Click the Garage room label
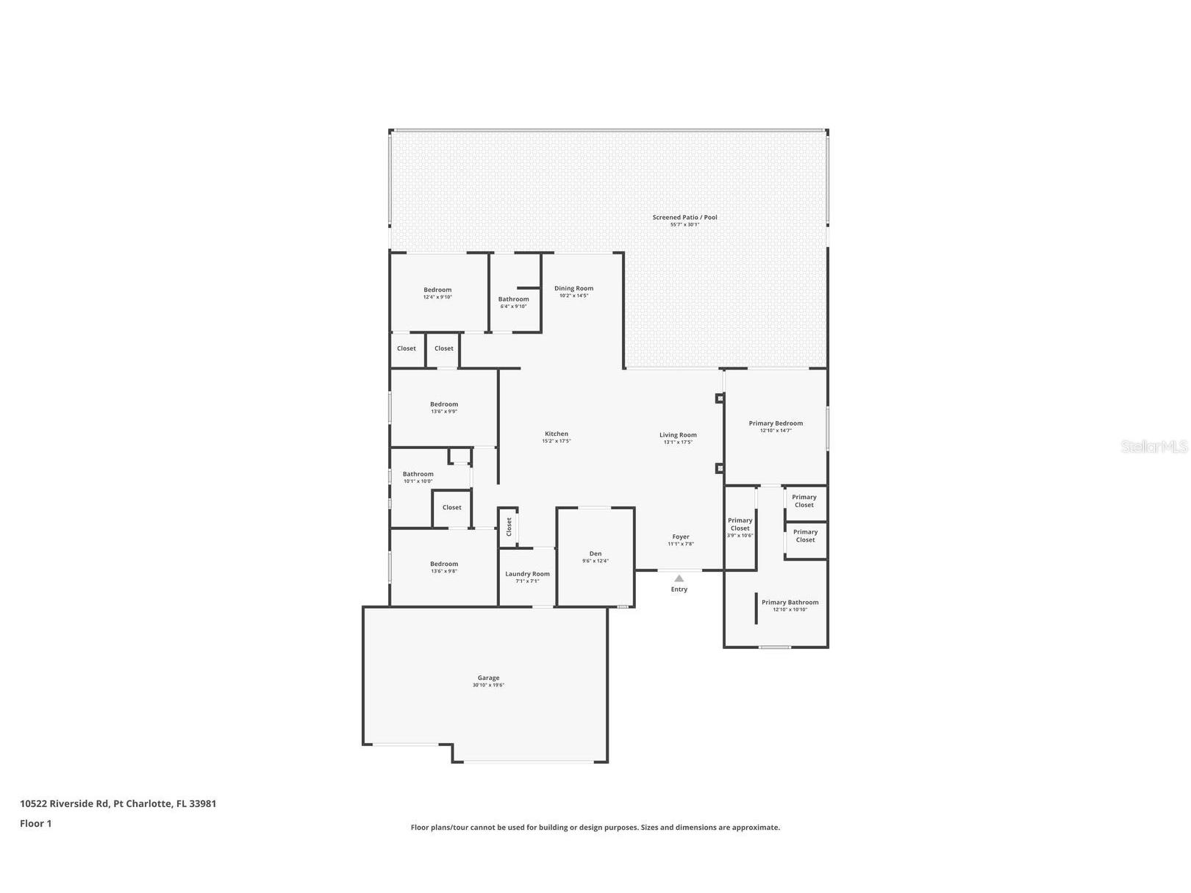[x=488, y=678]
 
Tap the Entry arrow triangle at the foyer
[x=679, y=578]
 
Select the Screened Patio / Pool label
[x=684, y=217]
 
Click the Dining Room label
[x=573, y=288]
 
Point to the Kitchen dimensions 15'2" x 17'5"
[x=556, y=441]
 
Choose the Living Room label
[x=678, y=434]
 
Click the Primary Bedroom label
[x=776, y=423]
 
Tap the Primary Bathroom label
[x=790, y=602]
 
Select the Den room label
[x=595, y=553]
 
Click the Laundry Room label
[x=527, y=573]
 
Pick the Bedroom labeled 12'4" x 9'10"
[x=437, y=290]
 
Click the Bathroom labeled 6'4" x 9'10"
[x=513, y=299]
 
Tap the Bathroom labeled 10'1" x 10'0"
[x=418, y=474]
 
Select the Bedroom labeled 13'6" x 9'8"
[x=443, y=564]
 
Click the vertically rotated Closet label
[x=508, y=526]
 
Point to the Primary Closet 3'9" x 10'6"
[x=740, y=527]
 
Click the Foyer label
[x=681, y=537]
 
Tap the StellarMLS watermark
[x=1154, y=446]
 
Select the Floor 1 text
[x=35, y=823]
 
